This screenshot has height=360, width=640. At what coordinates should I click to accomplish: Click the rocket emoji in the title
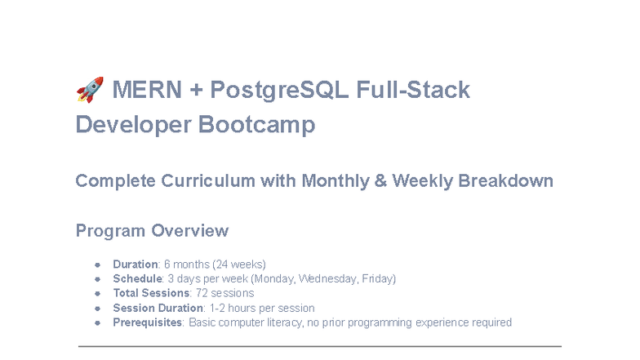click(x=90, y=89)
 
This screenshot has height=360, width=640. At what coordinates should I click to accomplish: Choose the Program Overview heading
click(x=152, y=231)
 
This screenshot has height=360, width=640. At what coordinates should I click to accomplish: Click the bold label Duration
click(x=135, y=264)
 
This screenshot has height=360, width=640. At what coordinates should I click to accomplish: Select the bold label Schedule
click(x=137, y=279)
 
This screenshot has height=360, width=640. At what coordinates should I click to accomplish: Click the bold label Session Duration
click(x=158, y=308)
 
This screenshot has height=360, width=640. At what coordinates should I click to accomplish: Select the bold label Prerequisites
click(x=148, y=322)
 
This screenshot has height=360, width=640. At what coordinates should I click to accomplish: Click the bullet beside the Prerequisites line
click(x=97, y=322)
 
